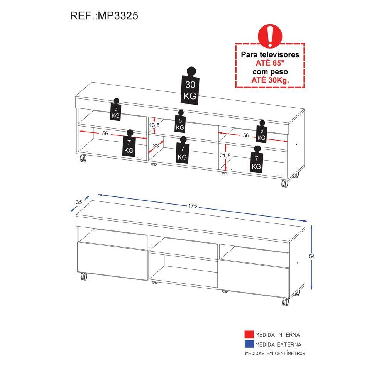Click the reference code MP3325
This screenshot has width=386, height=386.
click(x=118, y=15)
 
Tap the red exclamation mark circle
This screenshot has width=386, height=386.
click(x=270, y=36)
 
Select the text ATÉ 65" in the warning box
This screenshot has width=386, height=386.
click(x=270, y=63)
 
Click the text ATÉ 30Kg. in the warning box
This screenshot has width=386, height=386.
click(x=270, y=80)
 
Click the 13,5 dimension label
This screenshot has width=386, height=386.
click(x=154, y=125)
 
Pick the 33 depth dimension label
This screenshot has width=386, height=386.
click(x=156, y=146)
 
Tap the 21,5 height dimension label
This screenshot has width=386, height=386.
click(x=225, y=156)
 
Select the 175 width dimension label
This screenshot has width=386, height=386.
click(x=193, y=206)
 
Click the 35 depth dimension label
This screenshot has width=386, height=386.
click(x=79, y=202)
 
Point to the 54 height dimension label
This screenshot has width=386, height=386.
click(x=312, y=257)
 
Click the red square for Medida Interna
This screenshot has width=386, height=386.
click(x=249, y=334)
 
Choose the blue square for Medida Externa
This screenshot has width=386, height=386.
click(x=249, y=344)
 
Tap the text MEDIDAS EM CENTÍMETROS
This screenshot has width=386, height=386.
click(x=275, y=354)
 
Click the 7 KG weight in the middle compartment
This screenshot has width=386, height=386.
click(x=182, y=150)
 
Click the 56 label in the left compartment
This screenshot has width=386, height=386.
click(x=105, y=134)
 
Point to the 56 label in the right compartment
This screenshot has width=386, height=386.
click(x=246, y=135)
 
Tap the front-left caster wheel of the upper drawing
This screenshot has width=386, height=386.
click(x=83, y=158)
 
